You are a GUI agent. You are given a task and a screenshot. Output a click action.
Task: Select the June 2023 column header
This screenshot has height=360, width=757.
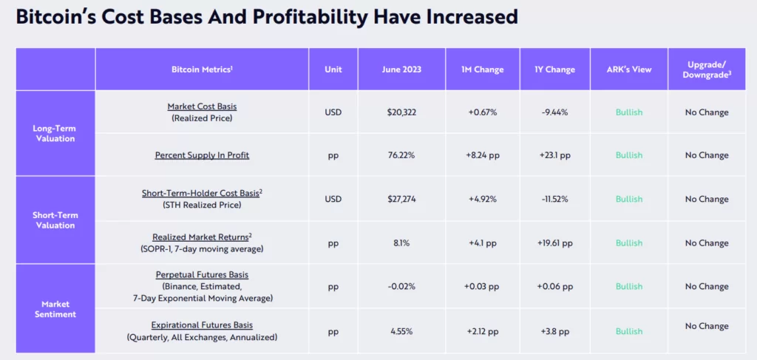click(401, 69)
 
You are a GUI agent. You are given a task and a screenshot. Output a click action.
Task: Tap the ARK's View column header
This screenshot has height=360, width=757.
click(629, 69)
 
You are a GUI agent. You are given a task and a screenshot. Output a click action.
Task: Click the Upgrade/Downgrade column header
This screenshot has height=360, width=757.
click(707, 69)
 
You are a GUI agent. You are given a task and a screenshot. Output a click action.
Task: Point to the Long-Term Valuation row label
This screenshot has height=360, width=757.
click(54, 133)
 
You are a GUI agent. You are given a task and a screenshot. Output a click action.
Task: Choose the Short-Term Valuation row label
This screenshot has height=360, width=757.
click(54, 220)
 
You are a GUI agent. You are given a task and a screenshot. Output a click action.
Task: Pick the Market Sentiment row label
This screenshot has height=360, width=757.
click(54, 308)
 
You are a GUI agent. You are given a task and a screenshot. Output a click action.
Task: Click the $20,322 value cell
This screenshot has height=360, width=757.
click(401, 112)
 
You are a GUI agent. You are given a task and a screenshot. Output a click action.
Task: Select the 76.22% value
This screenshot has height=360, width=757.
click(401, 155)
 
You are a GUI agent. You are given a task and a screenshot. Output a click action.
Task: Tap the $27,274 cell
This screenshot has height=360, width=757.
click(401, 199)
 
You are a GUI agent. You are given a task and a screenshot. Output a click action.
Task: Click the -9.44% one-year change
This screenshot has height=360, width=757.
click(554, 112)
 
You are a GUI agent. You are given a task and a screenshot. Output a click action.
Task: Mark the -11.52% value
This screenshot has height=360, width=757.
click(554, 199)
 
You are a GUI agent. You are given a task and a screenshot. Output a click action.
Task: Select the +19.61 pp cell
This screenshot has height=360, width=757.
click(554, 242)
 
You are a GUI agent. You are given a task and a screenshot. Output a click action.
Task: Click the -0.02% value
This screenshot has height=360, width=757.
click(401, 286)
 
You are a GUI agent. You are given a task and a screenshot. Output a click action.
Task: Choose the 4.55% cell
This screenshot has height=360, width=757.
click(401, 331)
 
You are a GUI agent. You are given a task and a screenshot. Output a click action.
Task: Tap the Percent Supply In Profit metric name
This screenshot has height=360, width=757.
click(202, 155)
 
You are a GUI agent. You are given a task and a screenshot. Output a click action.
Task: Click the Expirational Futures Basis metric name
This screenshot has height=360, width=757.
click(202, 325)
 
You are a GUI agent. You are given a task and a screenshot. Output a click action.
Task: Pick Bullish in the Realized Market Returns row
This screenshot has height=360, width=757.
click(629, 242)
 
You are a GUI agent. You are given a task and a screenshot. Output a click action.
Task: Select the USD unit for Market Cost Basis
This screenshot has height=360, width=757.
click(333, 112)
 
